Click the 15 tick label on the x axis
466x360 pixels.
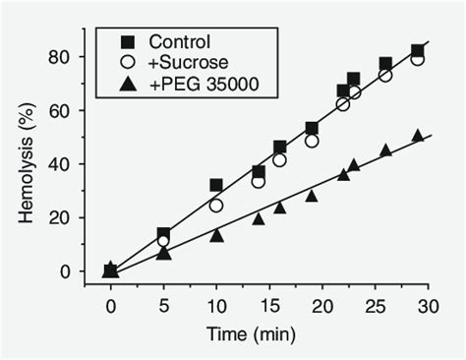[269, 307]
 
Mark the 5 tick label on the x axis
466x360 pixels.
[164, 307]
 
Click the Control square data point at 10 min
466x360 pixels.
[216, 185]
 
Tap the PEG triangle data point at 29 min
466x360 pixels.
[418, 136]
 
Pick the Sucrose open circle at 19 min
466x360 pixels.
[312, 141]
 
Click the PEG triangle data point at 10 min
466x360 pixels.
[216, 235]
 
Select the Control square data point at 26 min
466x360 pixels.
[385, 64]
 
